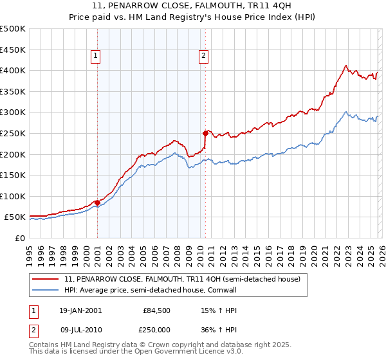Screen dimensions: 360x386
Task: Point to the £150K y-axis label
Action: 12,175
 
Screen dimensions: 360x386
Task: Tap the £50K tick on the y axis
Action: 14,217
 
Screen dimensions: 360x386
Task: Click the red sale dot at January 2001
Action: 97,203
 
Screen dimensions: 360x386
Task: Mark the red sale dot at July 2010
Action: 205,134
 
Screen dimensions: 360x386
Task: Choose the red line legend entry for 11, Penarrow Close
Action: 182,280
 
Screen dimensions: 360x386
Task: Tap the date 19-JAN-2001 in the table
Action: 80,310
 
